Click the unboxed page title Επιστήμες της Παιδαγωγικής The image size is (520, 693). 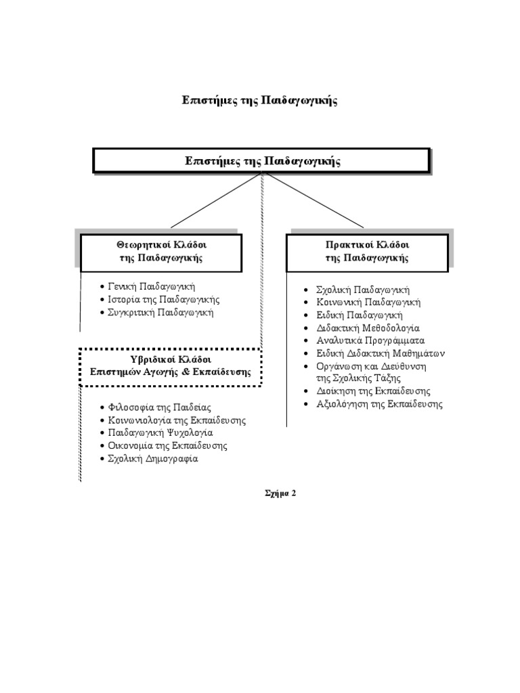(x=260, y=100)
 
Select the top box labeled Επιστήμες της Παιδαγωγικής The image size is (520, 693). (x=261, y=161)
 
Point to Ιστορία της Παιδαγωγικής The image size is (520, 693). (x=163, y=299)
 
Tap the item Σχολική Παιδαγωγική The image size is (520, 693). (x=363, y=289)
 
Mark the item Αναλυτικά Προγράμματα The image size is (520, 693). (x=370, y=340)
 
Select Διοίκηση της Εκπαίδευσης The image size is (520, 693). (x=373, y=391)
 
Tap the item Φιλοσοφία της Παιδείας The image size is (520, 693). (x=160, y=407)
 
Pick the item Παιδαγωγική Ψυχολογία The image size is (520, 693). (x=160, y=432)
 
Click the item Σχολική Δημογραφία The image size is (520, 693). (x=153, y=458)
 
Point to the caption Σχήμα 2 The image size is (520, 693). (x=280, y=493)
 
